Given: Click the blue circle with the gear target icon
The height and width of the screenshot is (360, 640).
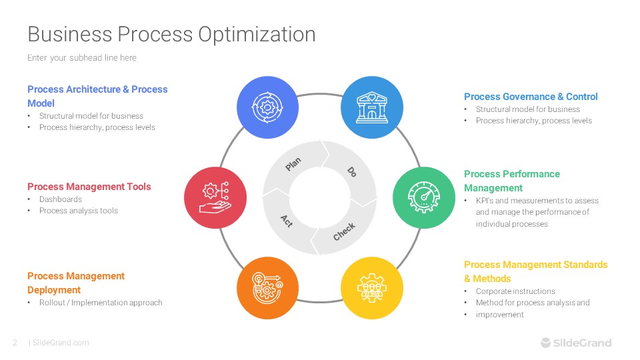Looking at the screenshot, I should tap(268, 107).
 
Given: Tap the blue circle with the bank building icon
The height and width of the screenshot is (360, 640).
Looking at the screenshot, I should tap(372, 107).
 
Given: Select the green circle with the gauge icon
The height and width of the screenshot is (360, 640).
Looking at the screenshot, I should tap(424, 197).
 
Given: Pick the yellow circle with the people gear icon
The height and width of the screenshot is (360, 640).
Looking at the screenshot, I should tap(372, 287).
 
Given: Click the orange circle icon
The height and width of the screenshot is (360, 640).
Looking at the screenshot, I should tap(268, 287).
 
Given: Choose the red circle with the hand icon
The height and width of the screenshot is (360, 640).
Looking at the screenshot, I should tap(215, 197).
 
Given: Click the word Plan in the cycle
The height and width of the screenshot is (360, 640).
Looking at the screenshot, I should tap(293, 164).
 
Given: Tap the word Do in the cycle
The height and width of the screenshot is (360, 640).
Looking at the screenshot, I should tap(352, 171).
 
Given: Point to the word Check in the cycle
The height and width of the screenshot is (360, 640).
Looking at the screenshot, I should tap(344, 231).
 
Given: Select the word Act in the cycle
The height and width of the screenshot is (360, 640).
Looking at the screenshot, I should tap(287, 220).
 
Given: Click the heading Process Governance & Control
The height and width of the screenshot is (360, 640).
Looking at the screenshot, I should tap(531, 97).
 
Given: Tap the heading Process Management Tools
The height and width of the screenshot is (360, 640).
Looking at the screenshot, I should tap(89, 187).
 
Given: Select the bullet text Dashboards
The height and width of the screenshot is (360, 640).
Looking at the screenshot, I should tap(61, 199).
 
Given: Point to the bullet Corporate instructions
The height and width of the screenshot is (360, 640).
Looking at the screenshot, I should tap(515, 291).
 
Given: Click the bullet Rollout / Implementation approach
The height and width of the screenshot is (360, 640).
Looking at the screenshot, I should tap(101, 303).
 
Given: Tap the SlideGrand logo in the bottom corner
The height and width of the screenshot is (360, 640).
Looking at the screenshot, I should tap(575, 343).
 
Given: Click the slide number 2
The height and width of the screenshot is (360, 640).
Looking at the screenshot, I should tap(15, 343).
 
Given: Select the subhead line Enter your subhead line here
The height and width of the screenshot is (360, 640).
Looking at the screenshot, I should tap(82, 58).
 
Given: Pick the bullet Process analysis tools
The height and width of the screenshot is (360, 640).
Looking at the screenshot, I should tap(79, 211).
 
